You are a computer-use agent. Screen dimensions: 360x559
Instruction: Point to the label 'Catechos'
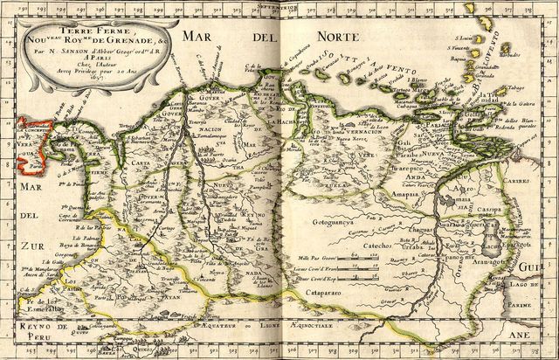tap(345, 247)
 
